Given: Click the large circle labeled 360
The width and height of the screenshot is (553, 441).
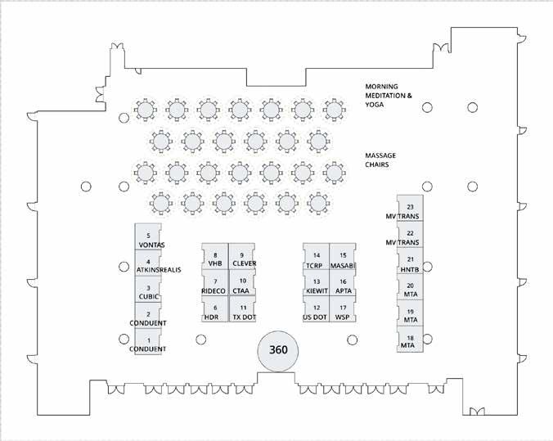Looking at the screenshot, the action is point(278,351).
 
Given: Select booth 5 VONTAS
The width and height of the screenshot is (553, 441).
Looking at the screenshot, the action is point(148,239).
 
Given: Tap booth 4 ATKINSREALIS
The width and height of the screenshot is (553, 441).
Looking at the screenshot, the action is point(148,265).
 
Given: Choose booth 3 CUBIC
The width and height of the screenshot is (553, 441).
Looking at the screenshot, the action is point(148,291).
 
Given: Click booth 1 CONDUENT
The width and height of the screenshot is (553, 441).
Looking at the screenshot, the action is point(148,344).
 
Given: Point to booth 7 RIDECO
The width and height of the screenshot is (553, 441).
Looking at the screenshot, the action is point(215,286).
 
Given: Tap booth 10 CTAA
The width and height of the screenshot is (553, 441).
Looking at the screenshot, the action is point(242,286).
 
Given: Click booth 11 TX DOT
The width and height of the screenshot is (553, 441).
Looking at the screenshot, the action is point(242,312).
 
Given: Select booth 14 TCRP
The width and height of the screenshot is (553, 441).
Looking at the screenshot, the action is point(316,259).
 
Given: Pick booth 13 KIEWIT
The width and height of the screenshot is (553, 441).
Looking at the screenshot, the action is point(316,286).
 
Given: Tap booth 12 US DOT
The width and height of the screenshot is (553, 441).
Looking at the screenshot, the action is point(316,312).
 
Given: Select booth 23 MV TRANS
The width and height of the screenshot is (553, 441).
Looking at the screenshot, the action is point(410,211).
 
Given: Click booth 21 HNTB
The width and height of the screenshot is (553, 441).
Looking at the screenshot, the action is point(410,263).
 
